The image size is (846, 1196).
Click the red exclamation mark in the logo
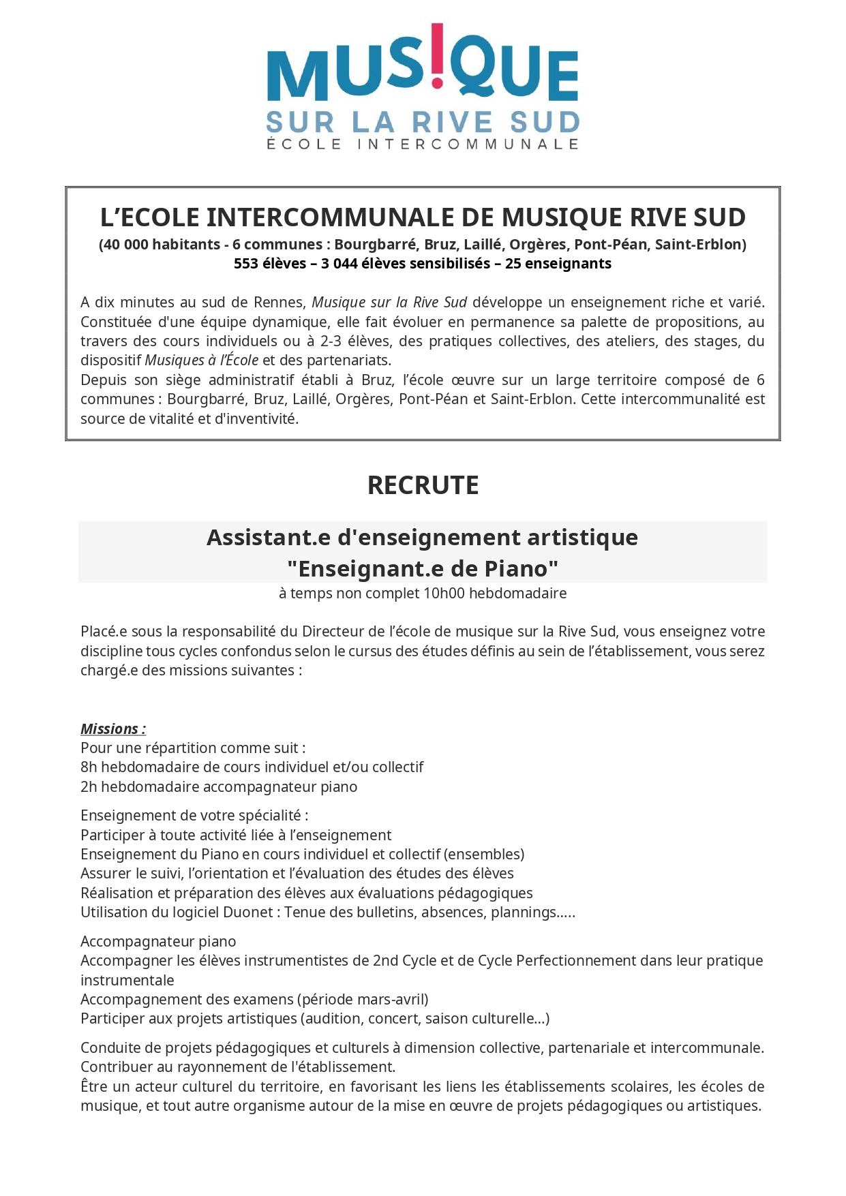coord(437,56)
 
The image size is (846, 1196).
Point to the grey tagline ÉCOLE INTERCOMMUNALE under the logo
coord(423,144)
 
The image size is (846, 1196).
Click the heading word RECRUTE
coord(423,485)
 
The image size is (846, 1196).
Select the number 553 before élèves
coord(246,264)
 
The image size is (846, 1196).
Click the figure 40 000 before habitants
coord(125,245)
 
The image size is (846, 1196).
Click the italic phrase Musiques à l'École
coord(201,361)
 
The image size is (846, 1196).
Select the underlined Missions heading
coord(112,729)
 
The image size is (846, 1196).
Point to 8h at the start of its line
coord(89,767)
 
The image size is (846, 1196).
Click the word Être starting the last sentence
coord(93,1086)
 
